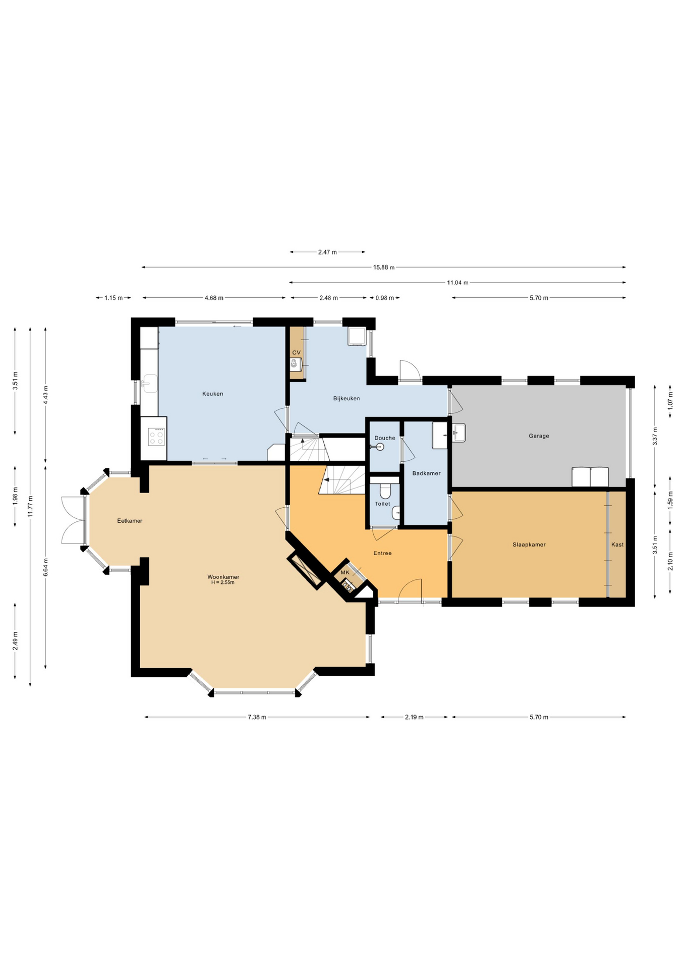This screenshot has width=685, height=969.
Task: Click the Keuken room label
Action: tap(212, 394)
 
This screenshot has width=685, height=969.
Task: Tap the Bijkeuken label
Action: tap(347, 398)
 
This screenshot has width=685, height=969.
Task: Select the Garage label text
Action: tap(539, 436)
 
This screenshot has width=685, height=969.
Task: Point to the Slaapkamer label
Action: tap(529, 545)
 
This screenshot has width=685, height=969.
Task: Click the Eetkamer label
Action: tap(130, 520)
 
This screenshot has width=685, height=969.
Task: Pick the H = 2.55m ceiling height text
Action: tap(223, 582)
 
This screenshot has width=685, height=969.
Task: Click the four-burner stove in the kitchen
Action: tap(156, 437)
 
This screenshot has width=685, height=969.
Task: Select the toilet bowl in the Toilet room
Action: tap(385, 491)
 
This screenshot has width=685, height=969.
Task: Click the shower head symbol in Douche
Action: tap(378, 447)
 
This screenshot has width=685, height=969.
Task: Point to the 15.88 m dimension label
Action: tap(384, 267)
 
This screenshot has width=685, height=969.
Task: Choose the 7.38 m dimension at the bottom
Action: tap(257, 717)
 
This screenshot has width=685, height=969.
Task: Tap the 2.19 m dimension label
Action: tap(414, 717)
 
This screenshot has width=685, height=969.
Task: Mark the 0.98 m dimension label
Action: tap(384, 298)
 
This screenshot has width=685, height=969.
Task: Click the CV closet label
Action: tap(296, 352)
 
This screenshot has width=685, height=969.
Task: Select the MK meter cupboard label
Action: tap(345, 572)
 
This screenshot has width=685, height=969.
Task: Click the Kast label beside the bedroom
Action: tap(617, 545)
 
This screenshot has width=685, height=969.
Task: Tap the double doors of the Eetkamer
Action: tap(74, 520)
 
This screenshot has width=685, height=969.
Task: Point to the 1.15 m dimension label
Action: tap(113, 298)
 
